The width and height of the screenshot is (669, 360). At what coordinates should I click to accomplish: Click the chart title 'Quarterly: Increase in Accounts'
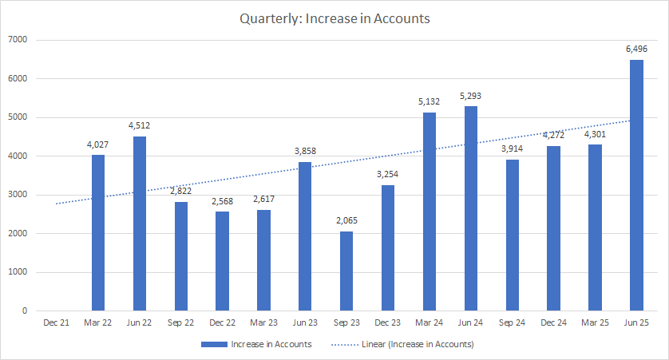point(334,18)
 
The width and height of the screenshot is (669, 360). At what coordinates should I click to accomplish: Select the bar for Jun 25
point(636,185)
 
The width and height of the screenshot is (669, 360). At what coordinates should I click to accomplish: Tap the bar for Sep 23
point(346,271)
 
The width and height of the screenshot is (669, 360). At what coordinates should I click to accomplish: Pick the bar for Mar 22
point(98,232)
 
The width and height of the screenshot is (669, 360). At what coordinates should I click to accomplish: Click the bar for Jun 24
point(470,208)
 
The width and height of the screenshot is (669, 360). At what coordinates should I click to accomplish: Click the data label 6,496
point(636,49)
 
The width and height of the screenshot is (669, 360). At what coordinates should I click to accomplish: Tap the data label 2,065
point(346,221)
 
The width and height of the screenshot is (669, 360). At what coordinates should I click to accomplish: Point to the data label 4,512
point(140,126)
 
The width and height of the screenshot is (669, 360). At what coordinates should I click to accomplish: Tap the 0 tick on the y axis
point(24,311)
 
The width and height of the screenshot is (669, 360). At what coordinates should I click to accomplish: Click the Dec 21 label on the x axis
point(57,323)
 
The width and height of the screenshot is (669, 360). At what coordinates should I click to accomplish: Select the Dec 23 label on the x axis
point(388,323)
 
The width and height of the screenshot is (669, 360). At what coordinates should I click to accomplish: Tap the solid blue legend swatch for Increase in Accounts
point(214,344)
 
